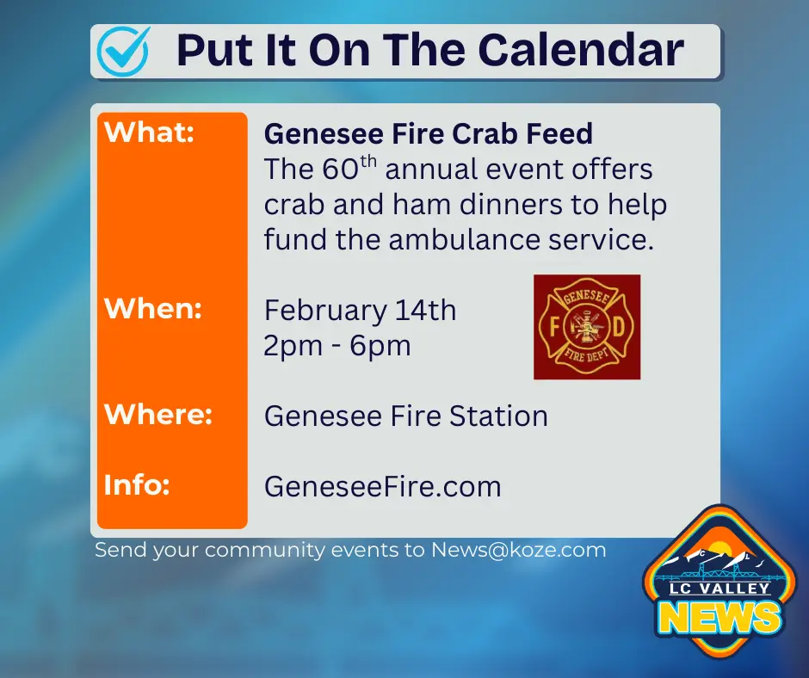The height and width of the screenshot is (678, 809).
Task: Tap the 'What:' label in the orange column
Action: click(149, 133)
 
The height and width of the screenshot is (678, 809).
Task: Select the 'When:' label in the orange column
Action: click(152, 308)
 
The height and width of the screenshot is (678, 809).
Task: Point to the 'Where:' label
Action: click(157, 415)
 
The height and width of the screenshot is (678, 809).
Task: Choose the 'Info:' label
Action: click(137, 484)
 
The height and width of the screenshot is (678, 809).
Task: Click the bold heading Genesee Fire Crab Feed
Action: click(428, 134)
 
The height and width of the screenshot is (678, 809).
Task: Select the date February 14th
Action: click(360, 310)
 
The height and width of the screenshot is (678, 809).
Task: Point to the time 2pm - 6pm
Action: click(337, 345)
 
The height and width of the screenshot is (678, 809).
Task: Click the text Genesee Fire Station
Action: click(405, 416)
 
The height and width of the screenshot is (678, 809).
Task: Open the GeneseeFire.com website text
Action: click(382, 487)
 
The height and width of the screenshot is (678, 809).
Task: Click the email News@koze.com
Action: click(518, 549)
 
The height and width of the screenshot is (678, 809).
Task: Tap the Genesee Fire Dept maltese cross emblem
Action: click(586, 327)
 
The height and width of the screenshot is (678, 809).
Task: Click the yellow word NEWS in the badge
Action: click(721, 618)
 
